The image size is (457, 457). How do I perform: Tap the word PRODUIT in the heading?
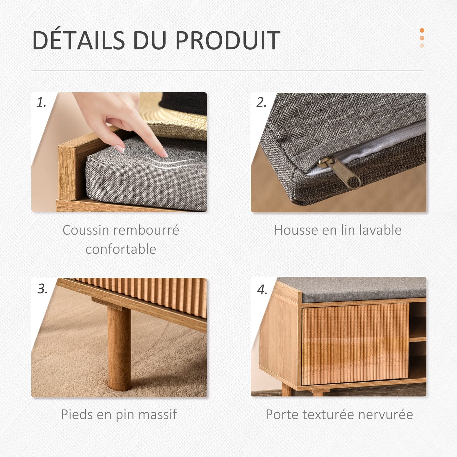point(228,40)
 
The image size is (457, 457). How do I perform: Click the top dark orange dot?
point(422,30)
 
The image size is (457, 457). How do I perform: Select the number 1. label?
point(41,103)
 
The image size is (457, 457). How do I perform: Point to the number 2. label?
point(261,103)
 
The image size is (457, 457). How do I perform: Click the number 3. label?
point(43,289)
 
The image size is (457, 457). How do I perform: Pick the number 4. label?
point(262,290)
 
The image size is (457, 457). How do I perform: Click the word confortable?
point(121,249)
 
